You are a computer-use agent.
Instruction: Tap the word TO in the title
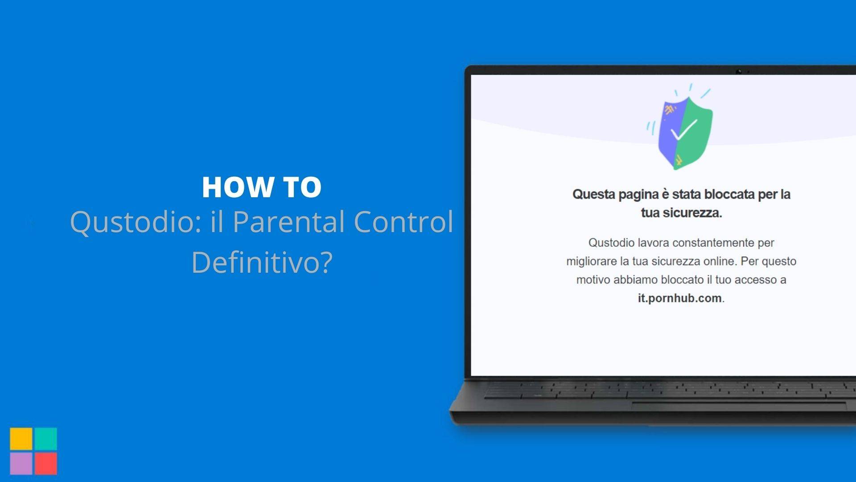302,187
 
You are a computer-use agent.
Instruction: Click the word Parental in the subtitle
288,222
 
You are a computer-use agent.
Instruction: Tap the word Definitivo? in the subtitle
262,262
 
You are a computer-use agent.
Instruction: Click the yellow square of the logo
21,439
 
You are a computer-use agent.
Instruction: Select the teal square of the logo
45,439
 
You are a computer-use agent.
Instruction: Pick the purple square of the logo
21,463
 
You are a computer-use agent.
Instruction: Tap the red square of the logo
45,463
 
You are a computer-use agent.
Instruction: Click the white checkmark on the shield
683,130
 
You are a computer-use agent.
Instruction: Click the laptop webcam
739,71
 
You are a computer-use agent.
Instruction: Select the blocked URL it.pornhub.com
679,298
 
